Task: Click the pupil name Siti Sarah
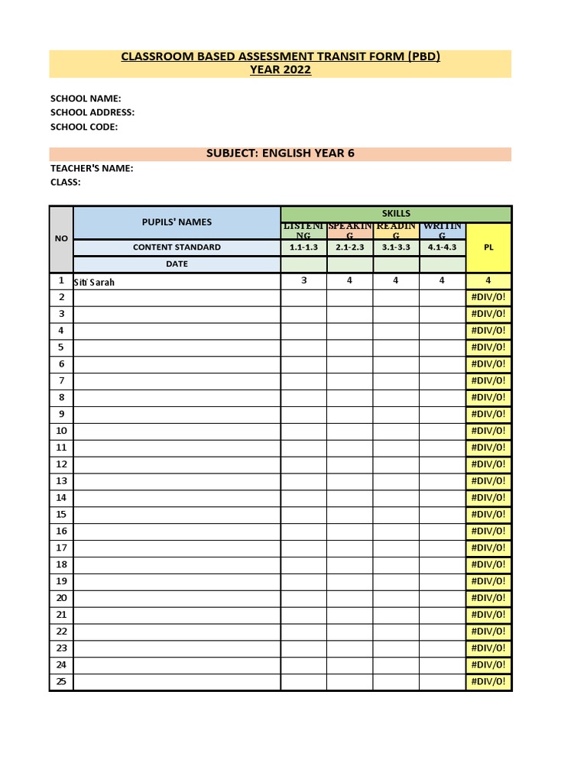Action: (94, 282)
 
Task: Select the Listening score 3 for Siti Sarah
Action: (303, 280)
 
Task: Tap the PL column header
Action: (488, 247)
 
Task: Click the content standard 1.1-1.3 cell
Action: (303, 247)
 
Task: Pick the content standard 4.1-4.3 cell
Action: (442, 247)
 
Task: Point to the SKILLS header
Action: (396, 214)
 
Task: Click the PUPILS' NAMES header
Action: (177, 222)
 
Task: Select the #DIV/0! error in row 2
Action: (488, 297)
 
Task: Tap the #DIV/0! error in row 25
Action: (488, 682)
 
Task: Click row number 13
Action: (61, 481)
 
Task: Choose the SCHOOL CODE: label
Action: (84, 128)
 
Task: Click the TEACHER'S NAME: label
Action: (92, 168)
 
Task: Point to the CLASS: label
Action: (66, 183)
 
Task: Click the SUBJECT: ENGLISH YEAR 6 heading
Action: (281, 153)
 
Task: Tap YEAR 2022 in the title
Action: (281, 70)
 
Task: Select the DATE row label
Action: (177, 264)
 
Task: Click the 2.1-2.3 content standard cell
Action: (349, 247)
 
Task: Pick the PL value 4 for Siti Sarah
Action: (488, 280)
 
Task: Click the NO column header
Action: (61, 239)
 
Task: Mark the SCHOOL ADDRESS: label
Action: (92, 113)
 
